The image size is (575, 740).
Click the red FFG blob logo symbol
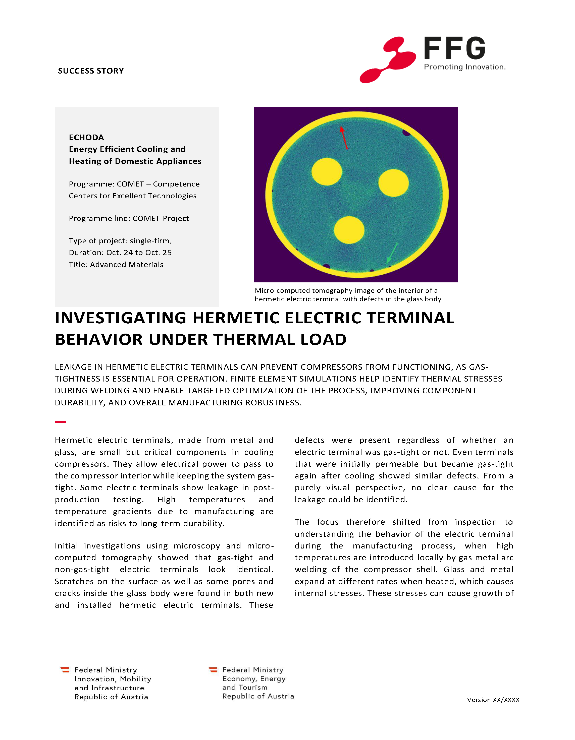coord(388,60)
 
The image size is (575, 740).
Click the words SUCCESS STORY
coord(91,71)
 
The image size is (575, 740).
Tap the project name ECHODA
coord(86,137)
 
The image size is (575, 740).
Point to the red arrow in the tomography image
coord(344,138)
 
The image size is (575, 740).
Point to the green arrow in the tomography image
coord(392,253)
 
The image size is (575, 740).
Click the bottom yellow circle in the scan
coord(349,230)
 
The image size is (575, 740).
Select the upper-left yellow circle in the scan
coord(327,171)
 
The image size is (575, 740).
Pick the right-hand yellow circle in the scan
coord(393,183)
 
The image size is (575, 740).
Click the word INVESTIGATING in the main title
coord(121,318)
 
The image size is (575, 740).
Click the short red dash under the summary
coord(60,422)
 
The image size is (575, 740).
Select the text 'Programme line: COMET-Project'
coord(129,218)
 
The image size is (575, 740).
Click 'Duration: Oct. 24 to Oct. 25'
coord(120,253)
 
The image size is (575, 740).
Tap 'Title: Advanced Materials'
coord(116,265)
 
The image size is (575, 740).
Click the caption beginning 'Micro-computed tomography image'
coord(347,294)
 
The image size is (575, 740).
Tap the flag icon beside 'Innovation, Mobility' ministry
coord(65,670)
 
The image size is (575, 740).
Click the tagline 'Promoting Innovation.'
coord(464,67)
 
